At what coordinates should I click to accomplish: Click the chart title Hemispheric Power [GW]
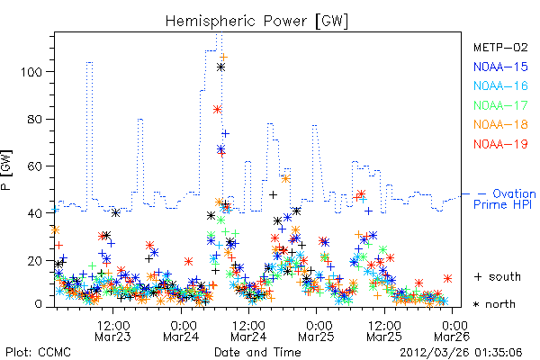coord(256,22)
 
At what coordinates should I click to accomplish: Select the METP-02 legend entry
coord(500,47)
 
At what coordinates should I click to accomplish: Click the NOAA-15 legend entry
coord(500,67)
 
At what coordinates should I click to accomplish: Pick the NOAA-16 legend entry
coord(500,85)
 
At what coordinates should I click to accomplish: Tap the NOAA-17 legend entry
coord(500,105)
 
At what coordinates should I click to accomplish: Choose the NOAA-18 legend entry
coord(500,124)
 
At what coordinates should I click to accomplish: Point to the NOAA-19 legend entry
coord(500,144)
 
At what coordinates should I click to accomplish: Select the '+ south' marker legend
coord(498,276)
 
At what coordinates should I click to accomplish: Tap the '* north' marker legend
coord(494,304)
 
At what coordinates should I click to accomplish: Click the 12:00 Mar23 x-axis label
coord(113,331)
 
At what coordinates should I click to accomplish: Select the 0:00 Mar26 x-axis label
coord(452,331)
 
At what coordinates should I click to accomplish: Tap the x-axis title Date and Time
coord(257,352)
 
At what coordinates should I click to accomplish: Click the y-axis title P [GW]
coord(6,170)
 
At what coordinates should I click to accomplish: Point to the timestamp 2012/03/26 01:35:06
coord(461,353)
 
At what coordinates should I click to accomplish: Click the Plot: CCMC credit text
coord(38,353)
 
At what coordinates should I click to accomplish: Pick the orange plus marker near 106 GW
coord(224,57)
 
